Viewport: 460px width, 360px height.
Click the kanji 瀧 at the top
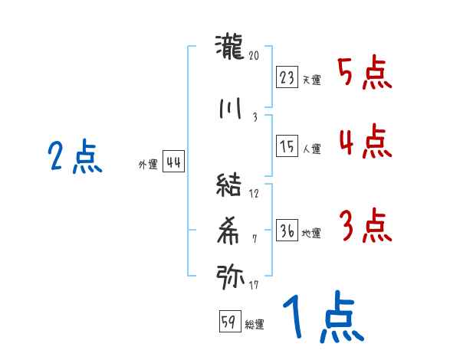[228, 48]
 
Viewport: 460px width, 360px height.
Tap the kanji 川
[229, 108]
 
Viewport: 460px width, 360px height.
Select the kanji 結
[229, 185]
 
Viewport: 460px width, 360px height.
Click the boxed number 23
[287, 78]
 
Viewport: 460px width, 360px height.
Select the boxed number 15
[287, 146]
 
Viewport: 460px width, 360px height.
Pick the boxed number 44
[173, 162]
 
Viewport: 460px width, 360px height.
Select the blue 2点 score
[74, 158]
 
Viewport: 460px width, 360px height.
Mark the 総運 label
[255, 324]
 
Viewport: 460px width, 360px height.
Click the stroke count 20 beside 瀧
[255, 56]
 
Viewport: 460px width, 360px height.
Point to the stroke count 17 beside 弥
[255, 286]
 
